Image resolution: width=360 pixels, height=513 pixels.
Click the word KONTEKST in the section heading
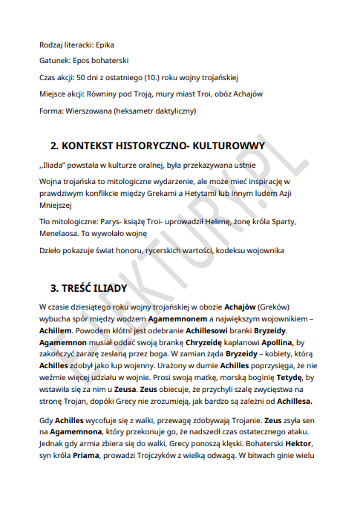[x=94, y=146]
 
